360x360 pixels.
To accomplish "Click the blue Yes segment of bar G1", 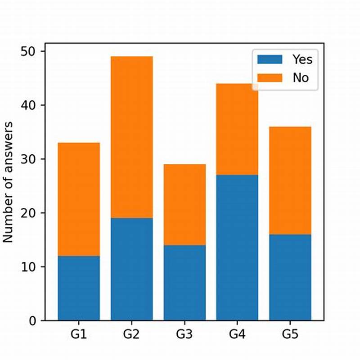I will point(79,288).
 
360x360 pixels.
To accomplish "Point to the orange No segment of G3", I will point(184,205).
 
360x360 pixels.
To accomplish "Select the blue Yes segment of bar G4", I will point(237,247).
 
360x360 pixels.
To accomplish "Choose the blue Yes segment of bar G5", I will point(290,277).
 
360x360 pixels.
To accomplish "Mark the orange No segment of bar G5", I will point(290,180).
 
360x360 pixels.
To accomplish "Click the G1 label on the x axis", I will point(79,334).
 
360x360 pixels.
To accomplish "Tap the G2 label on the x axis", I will point(131,334).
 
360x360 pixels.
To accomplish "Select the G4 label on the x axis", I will point(237,334).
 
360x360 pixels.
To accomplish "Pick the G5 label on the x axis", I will point(290,334).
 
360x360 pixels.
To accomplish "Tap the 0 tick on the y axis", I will point(34,321).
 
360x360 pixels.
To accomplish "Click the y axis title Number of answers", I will point(9,182).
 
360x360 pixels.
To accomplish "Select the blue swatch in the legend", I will point(270,59).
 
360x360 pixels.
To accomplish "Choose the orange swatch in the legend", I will point(270,77).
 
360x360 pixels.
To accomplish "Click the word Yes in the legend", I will point(302,59).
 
